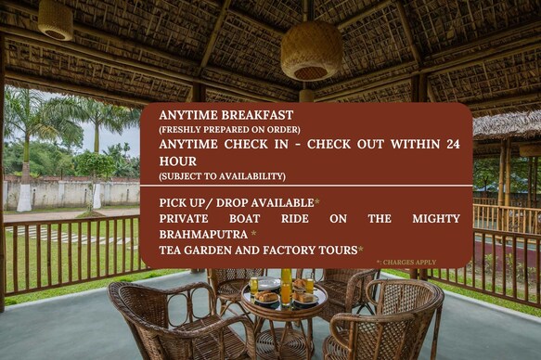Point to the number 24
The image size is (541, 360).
(452, 144)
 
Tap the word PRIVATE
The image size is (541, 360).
(190, 218)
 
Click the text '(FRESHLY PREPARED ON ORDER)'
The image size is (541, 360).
(229, 129)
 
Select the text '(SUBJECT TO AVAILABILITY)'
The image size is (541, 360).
(222, 175)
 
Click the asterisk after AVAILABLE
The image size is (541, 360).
(316, 201)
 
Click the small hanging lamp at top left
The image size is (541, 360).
(55, 19)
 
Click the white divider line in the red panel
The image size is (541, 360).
(306, 186)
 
